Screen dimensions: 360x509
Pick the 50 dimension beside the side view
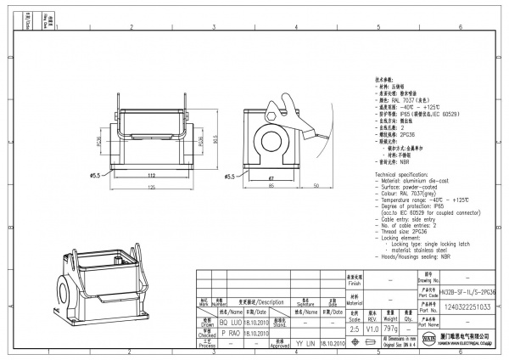316,184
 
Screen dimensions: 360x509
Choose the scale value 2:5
354,329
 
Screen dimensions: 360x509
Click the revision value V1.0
372,329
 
